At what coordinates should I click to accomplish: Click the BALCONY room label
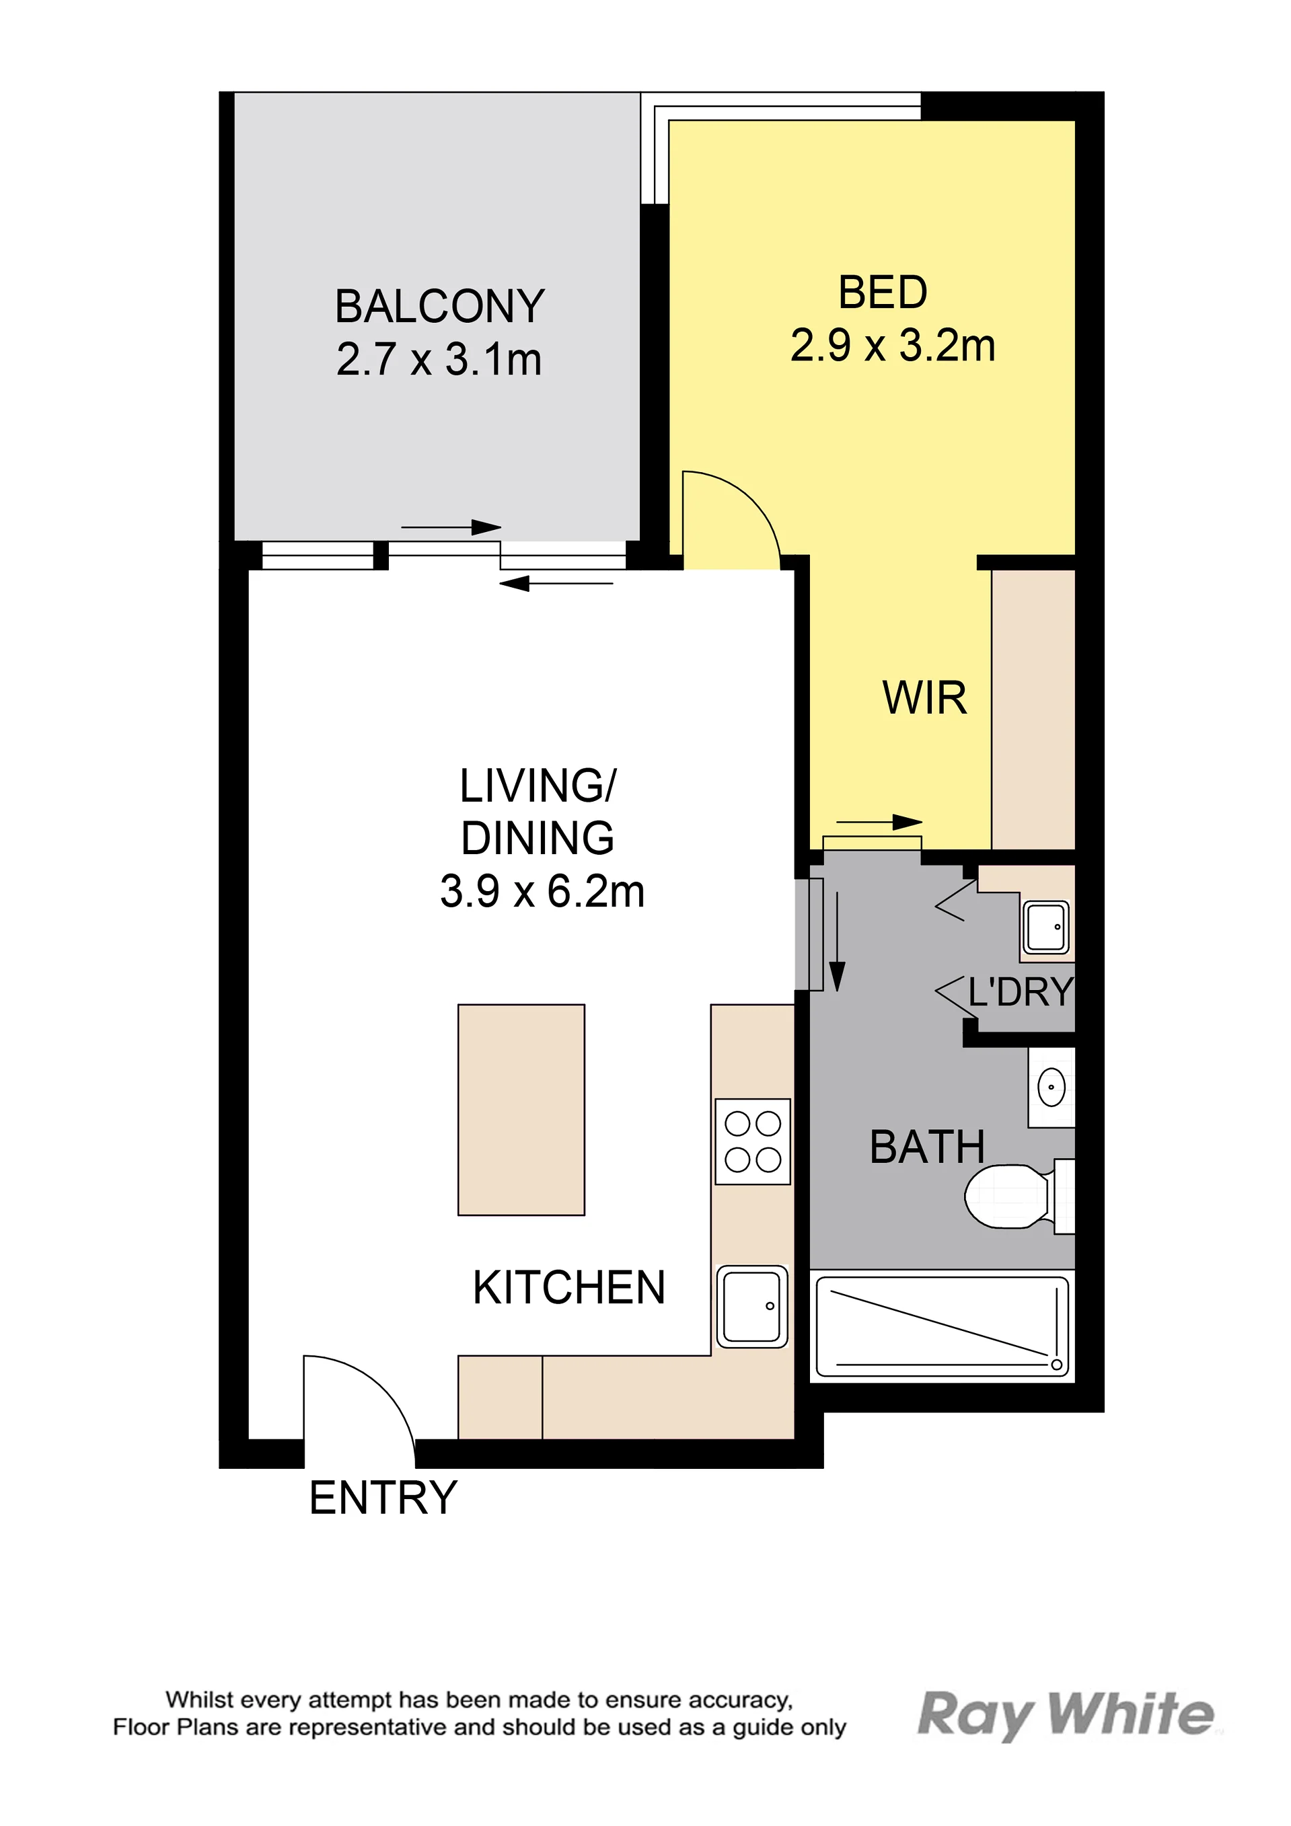click(x=440, y=306)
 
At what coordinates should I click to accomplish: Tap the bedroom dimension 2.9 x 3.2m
click(x=893, y=346)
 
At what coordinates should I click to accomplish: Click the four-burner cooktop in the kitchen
click(x=753, y=1141)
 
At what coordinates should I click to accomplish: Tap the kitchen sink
click(x=751, y=1306)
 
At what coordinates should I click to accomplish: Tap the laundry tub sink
click(x=1046, y=927)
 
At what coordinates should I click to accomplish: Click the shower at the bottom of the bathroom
click(x=943, y=1326)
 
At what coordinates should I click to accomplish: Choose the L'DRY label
click(x=1021, y=992)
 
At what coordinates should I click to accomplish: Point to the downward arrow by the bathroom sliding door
click(x=837, y=941)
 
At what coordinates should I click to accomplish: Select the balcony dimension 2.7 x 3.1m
click(x=439, y=359)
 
